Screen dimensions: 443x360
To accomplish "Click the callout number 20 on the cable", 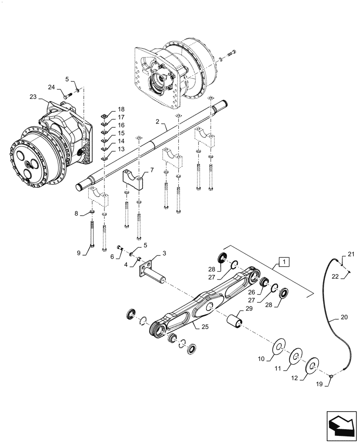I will point(345,317).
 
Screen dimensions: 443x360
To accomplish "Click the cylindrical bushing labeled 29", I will point(234,319).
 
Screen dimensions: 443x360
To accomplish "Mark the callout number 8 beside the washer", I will point(77,214).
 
